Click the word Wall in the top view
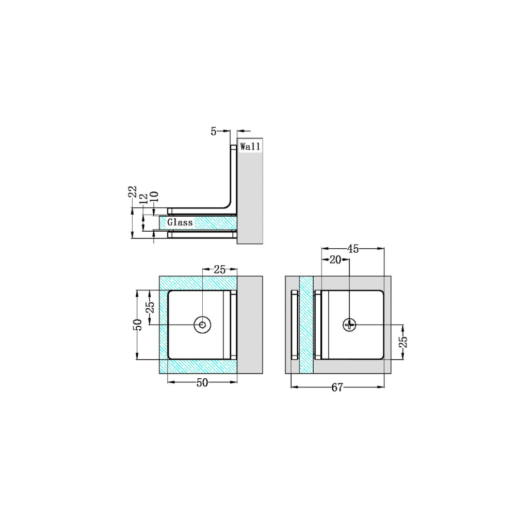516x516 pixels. [250, 147]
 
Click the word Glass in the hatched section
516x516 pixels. [180, 222]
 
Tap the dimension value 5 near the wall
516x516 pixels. [214, 132]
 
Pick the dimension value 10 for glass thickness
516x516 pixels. [153, 197]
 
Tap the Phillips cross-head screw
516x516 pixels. [350, 325]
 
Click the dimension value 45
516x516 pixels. [353, 249]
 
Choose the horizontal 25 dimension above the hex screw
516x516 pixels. [220, 269]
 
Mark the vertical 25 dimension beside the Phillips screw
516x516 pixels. [404, 342]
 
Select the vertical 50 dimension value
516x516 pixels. [137, 325]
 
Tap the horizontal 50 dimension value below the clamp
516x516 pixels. [202, 383]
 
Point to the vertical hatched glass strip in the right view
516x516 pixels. [307, 325]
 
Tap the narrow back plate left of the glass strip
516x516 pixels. [295, 325]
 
